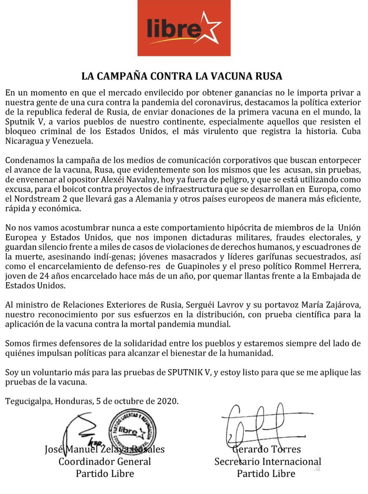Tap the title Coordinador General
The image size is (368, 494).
coord(105,461)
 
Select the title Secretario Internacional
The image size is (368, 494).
coord(268,461)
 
